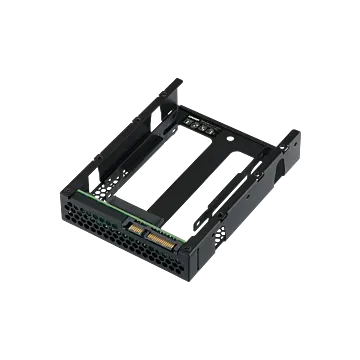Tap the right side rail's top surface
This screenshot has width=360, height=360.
[256, 170]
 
